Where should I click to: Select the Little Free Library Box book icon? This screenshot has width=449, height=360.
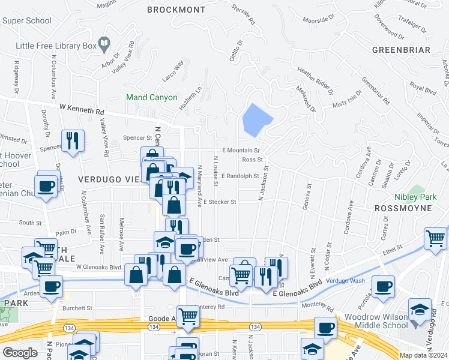tap(104, 43)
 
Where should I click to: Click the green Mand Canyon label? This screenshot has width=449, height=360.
tap(151, 97)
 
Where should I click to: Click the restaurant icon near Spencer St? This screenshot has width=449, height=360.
tap(73, 140)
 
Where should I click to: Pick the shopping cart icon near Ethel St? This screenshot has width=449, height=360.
tap(436, 238)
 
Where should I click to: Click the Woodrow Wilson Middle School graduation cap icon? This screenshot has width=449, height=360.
tap(420, 310)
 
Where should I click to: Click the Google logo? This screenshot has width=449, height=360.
tap(20, 353)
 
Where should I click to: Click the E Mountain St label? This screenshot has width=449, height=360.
tap(240, 150)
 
